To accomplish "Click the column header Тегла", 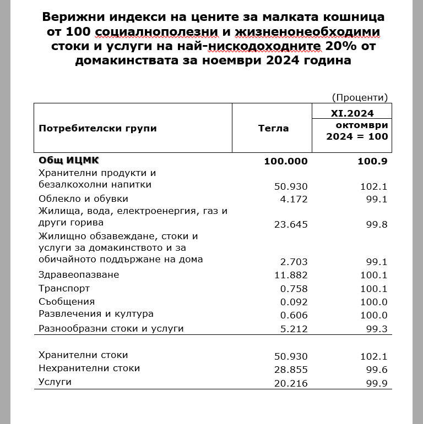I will tap(273, 128).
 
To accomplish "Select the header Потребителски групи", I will tap(97, 128).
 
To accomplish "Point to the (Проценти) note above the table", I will tap(360, 97).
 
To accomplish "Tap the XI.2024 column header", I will tap(352, 113).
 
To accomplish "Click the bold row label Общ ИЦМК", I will tap(69, 161).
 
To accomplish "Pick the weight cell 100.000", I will tap(286, 161).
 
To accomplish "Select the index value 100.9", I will tap(373, 161).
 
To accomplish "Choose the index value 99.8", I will tap(377, 224).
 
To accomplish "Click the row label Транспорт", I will tap(64, 289).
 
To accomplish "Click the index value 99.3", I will tap(377, 329).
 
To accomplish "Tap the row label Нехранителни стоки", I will tap(89, 368).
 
